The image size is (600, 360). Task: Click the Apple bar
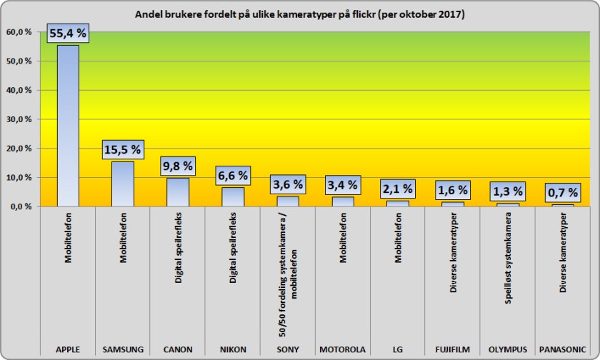68,126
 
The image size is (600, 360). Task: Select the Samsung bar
123,184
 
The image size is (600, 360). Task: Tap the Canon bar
178,192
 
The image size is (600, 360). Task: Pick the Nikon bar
233,196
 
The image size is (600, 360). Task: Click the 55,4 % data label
68,32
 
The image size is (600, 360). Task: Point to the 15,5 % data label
123,150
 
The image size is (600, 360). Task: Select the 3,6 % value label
288,184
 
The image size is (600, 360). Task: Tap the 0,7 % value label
563,192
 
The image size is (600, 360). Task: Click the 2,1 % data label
398,189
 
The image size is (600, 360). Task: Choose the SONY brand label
288,349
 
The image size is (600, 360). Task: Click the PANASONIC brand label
563,349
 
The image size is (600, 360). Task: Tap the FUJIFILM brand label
453,349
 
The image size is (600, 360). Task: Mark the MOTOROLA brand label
343,349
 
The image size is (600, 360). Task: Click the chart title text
300,14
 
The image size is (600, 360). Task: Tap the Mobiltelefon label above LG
398,243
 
